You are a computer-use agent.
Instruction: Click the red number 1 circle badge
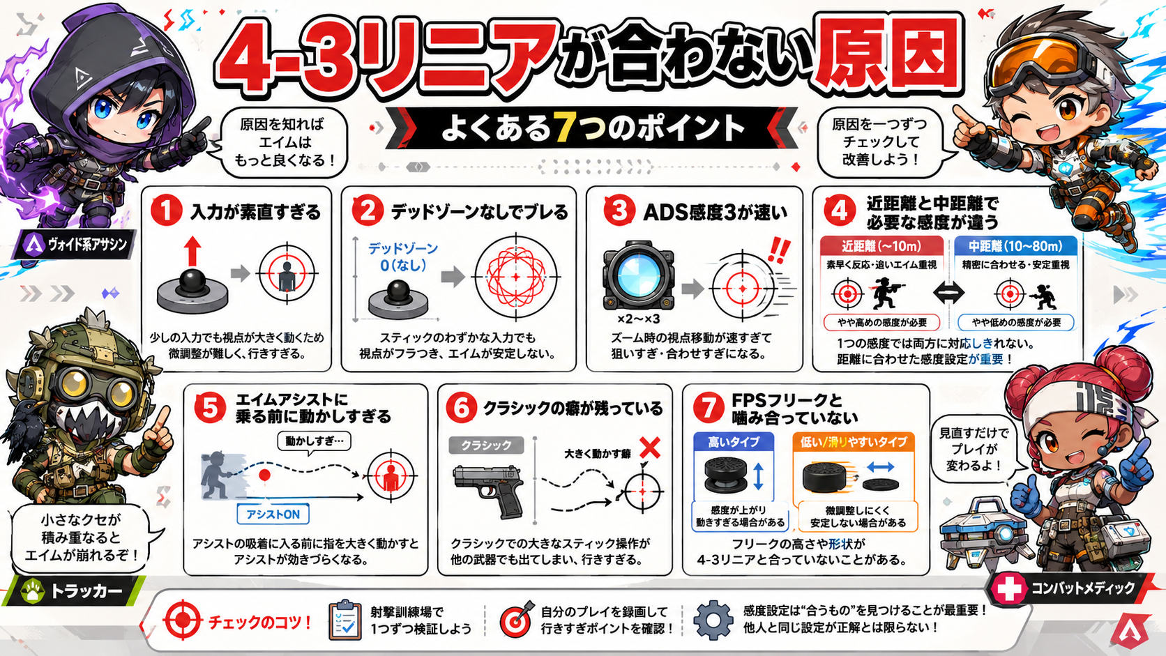(166, 211)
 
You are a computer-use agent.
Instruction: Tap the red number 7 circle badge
(708, 408)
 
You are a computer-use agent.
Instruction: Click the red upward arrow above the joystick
(192, 251)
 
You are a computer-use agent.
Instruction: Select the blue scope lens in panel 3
(638, 274)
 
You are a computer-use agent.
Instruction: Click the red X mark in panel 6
(650, 448)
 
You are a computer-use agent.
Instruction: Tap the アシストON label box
(273, 514)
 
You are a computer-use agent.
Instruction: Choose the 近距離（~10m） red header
(881, 246)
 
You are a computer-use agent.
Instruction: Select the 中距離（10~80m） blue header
(1015, 246)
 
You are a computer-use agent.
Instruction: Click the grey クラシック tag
(486, 445)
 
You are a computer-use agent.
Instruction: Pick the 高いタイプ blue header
(734, 442)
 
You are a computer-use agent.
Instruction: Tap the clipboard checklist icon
(344, 620)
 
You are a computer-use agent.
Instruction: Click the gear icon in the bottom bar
(713, 620)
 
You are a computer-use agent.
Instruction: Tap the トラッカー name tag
(73, 591)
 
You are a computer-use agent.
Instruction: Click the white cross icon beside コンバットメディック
(1008, 589)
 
